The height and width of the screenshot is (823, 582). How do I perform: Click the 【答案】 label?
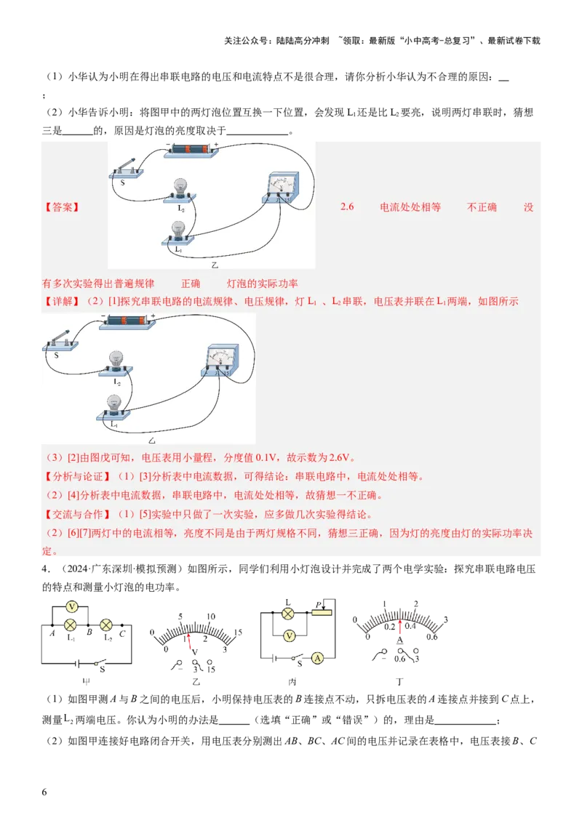(x=60, y=207)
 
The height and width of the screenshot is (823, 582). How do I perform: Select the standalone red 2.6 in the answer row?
(x=347, y=207)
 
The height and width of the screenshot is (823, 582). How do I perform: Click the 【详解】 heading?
(x=60, y=301)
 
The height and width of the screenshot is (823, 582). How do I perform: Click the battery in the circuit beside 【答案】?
(x=191, y=149)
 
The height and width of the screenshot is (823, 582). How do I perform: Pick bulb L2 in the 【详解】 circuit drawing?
(x=115, y=362)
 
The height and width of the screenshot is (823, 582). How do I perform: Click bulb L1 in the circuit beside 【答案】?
(x=178, y=233)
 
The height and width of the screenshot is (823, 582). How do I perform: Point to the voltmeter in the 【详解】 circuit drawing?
(x=220, y=359)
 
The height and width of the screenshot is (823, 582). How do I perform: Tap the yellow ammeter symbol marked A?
(x=317, y=657)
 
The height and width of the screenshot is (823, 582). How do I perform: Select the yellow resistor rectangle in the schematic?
(x=321, y=613)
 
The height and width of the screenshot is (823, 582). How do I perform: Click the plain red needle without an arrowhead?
(x=189, y=642)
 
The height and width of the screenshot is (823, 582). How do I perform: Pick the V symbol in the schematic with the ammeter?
(x=290, y=636)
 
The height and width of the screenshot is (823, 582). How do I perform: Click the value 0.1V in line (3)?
(x=268, y=458)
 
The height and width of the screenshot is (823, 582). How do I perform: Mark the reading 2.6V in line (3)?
(x=340, y=458)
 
